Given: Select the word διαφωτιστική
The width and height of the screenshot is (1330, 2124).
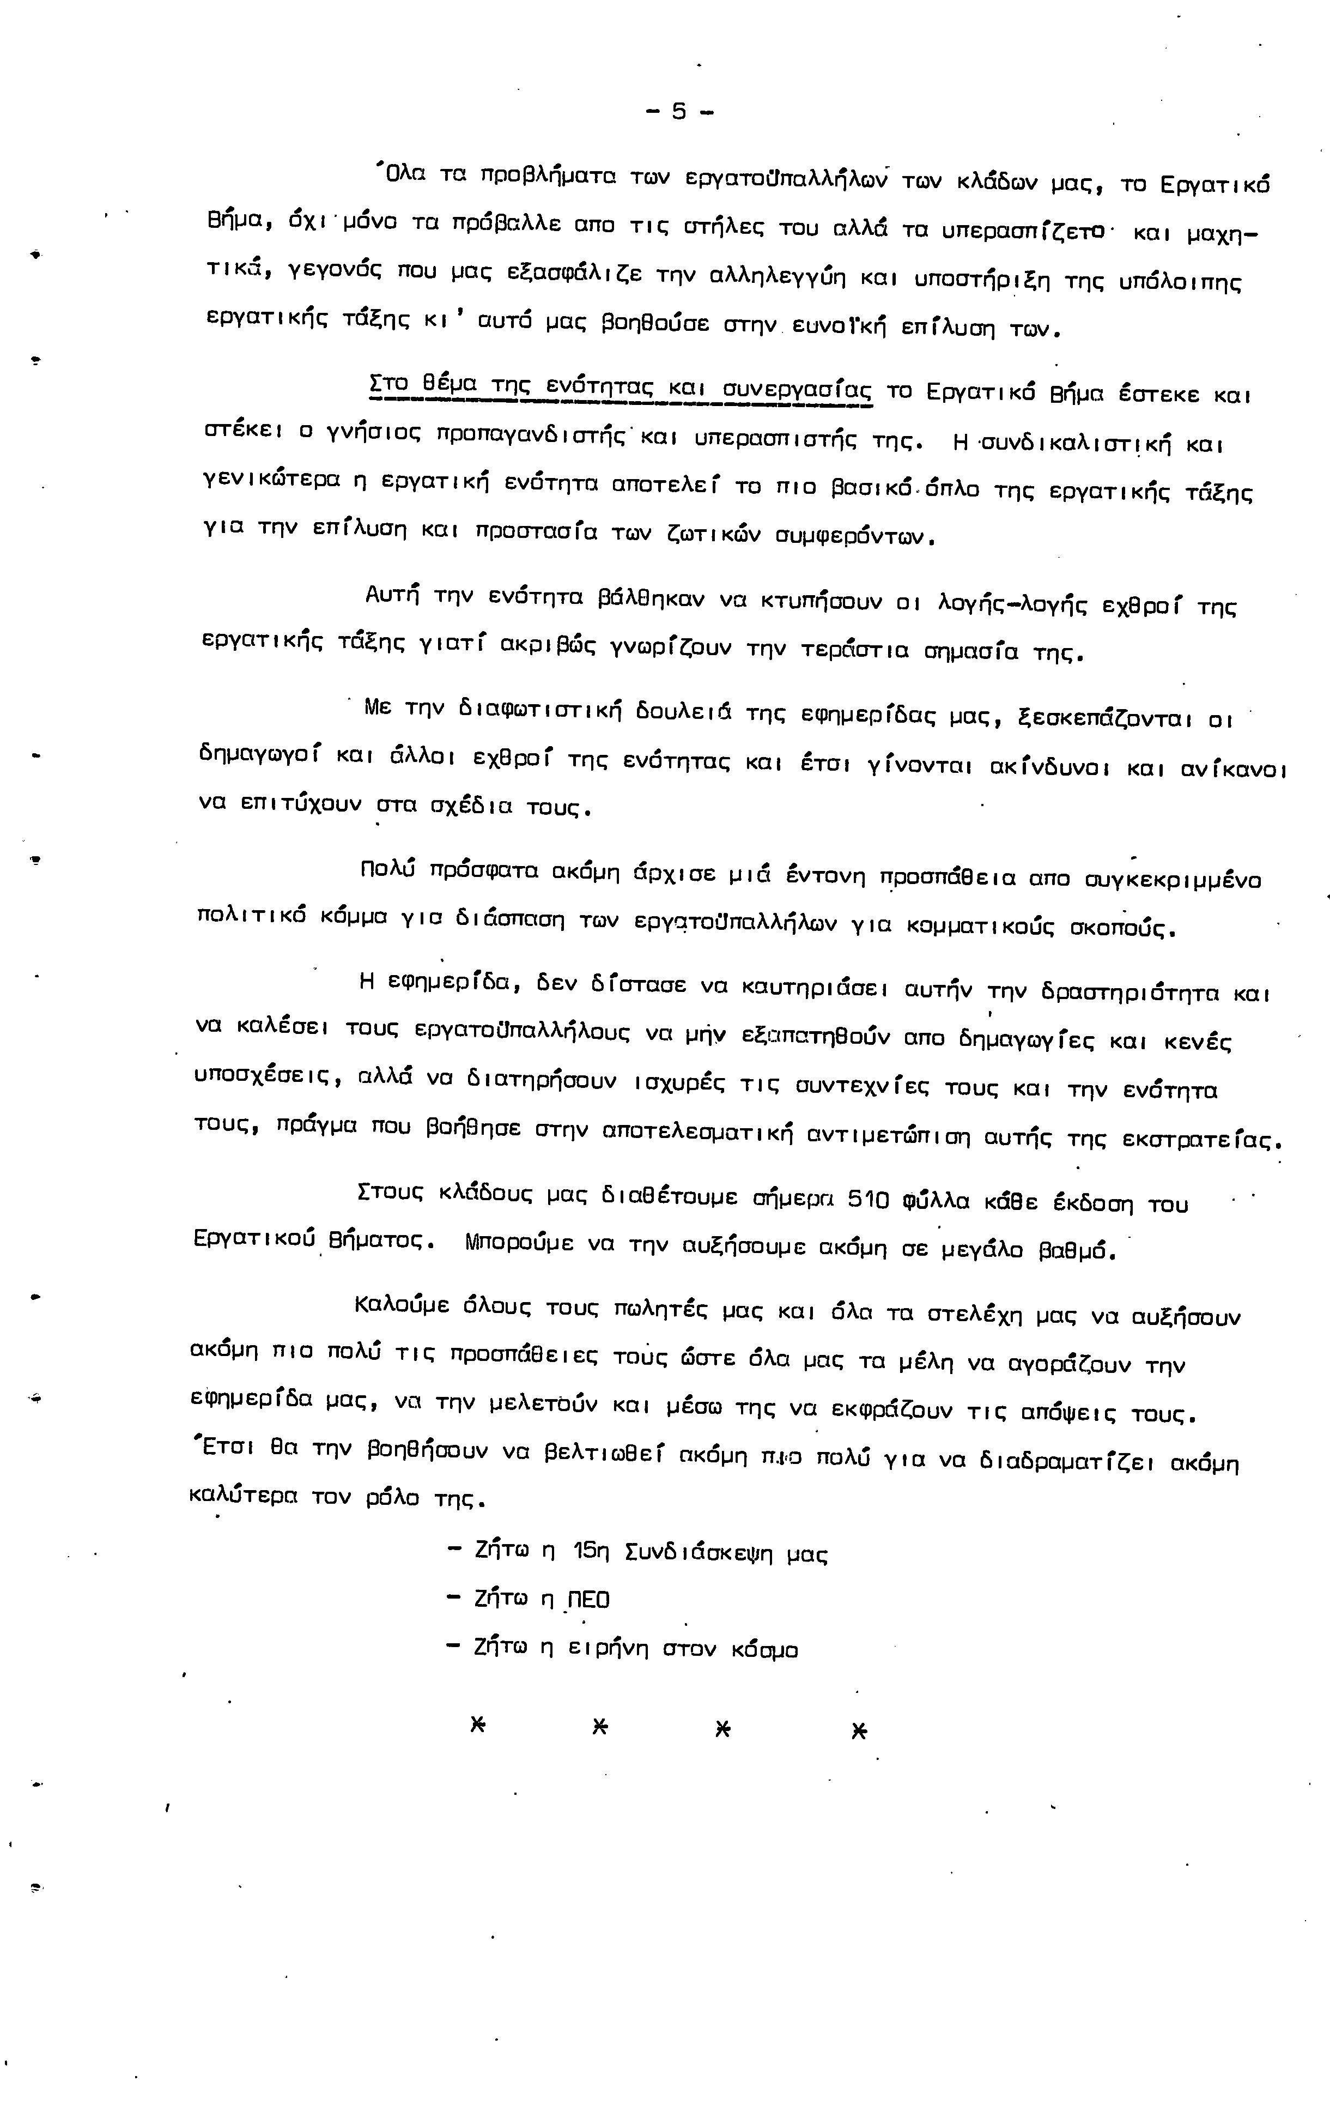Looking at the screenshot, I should (x=540, y=709).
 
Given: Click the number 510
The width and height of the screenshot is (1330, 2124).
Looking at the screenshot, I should (x=868, y=1200).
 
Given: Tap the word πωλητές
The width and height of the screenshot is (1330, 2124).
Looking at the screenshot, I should (x=660, y=1310).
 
